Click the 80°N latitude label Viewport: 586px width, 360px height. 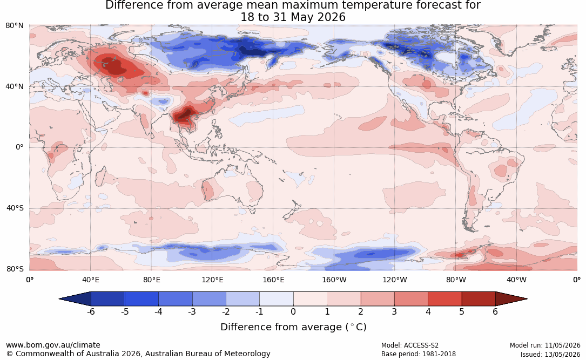pyautogui.click(x=14, y=26)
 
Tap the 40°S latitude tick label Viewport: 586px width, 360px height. pyautogui.click(x=15, y=208)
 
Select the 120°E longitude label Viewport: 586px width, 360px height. pyautogui.click(x=212, y=280)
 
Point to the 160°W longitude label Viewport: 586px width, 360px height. pyautogui.click(x=334, y=280)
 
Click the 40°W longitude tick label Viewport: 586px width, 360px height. pyautogui.click(x=516, y=280)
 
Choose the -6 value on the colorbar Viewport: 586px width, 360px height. pyautogui.click(x=91, y=311)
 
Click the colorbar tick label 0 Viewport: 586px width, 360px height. pyautogui.click(x=293, y=311)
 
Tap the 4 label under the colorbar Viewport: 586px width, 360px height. pyautogui.click(x=428, y=311)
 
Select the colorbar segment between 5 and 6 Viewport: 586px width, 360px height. pyautogui.click(x=479, y=299)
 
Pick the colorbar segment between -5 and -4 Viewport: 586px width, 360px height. pyautogui.click(x=142, y=299)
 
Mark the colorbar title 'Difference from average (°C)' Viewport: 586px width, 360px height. pyautogui.click(x=293, y=327)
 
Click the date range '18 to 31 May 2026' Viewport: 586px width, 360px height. pyautogui.click(x=293, y=17)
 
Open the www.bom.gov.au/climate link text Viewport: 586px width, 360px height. pyautogui.click(x=53, y=345)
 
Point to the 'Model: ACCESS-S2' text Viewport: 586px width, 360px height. pyautogui.click(x=410, y=345)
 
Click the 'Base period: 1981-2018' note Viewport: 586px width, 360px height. pyautogui.click(x=419, y=354)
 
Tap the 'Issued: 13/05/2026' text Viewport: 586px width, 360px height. pyautogui.click(x=550, y=355)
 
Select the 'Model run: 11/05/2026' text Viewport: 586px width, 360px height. pyautogui.click(x=545, y=345)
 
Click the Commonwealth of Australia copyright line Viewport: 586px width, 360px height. pyautogui.click(x=138, y=354)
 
